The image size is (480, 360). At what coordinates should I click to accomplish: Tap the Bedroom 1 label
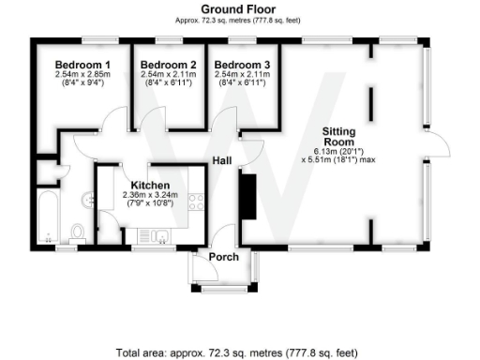tap(83, 65)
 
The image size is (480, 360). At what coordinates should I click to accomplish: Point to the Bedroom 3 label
tap(242, 65)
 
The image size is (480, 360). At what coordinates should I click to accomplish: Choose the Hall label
tap(221, 160)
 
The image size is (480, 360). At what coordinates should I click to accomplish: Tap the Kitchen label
tap(150, 185)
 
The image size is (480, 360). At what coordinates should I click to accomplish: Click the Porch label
tap(224, 257)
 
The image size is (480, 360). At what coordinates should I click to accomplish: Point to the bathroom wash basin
tap(88, 199)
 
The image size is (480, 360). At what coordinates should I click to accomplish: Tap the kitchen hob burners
tap(196, 200)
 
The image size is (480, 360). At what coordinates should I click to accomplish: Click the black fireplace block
tap(247, 194)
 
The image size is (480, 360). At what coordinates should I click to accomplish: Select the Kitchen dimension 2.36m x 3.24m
tap(150, 195)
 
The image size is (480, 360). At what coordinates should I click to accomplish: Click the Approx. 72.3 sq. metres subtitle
tap(239, 20)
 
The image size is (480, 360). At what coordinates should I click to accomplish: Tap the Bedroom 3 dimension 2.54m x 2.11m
tap(242, 74)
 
